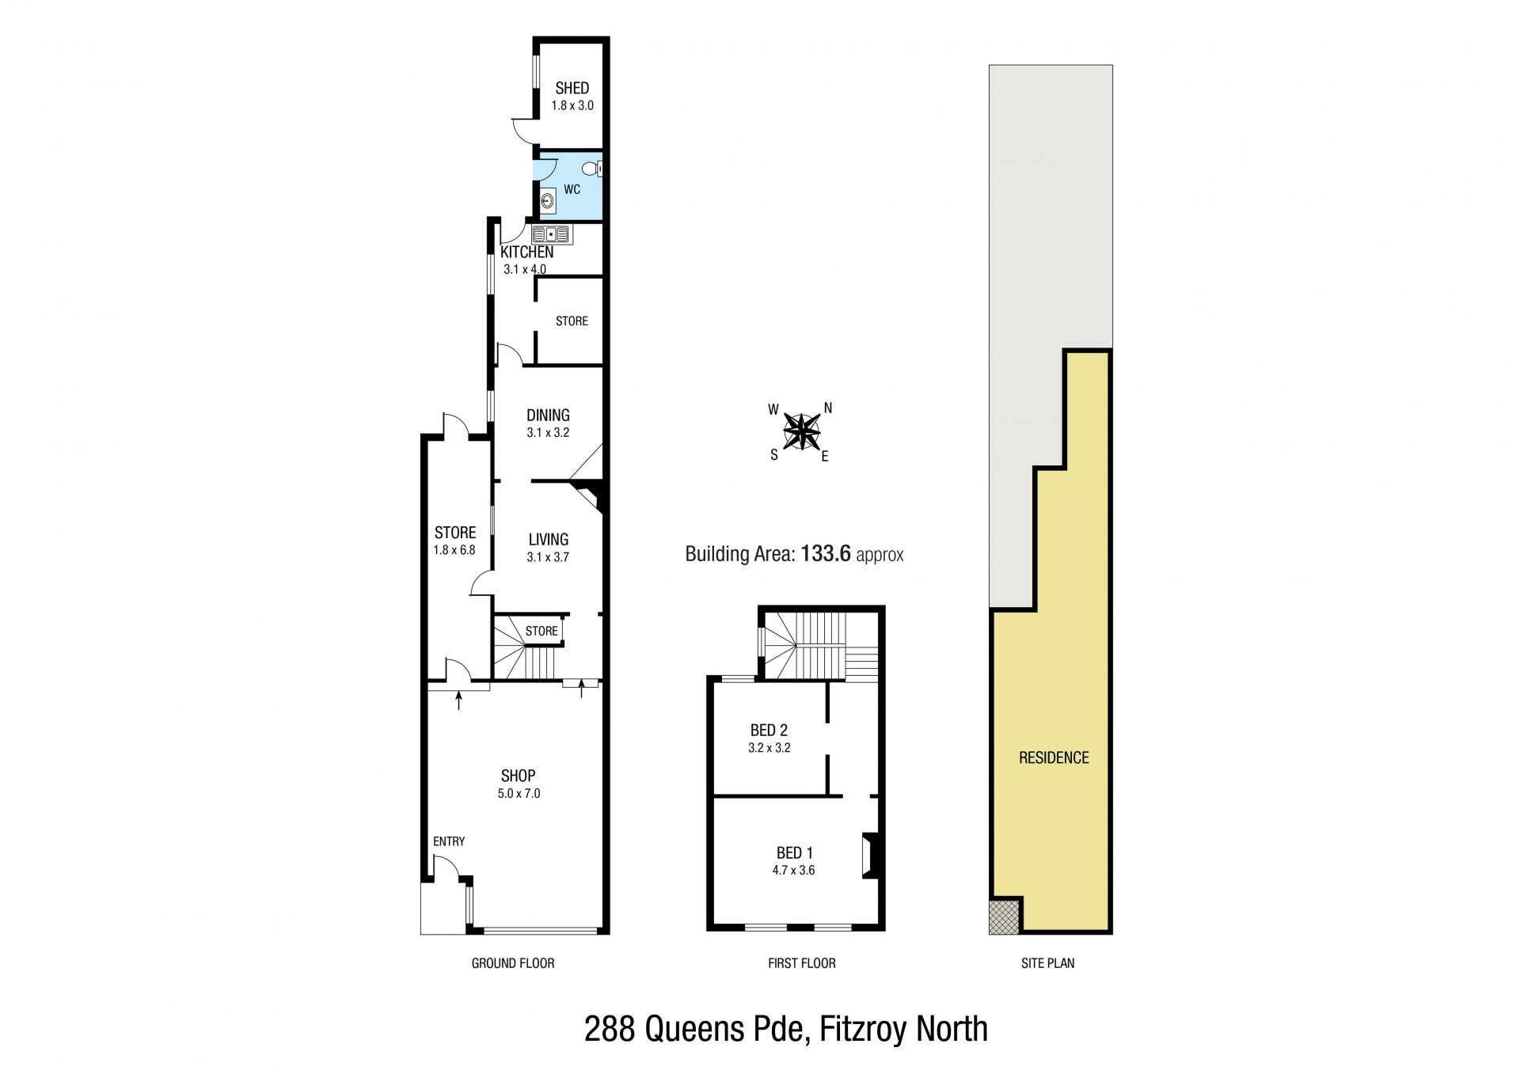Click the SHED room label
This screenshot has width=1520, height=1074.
572,88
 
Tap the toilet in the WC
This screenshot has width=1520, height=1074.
591,168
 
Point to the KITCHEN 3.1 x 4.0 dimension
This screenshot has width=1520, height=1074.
525,269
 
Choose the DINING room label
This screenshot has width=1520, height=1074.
548,415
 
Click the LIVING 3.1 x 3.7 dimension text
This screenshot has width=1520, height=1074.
548,557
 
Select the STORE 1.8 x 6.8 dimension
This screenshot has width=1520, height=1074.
454,549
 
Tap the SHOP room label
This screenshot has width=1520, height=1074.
518,776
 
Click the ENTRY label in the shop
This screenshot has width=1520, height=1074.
449,841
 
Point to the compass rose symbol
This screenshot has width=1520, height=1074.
802,432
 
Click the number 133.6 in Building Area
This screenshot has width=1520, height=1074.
826,553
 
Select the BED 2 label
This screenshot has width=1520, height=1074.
769,731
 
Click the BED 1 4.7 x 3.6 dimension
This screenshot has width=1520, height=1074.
794,871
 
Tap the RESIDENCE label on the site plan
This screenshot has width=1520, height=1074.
1054,757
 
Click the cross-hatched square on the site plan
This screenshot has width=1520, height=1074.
1005,917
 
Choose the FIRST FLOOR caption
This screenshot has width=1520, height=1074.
802,963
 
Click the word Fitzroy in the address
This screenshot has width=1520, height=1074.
864,1030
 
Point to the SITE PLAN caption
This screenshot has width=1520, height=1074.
1047,963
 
